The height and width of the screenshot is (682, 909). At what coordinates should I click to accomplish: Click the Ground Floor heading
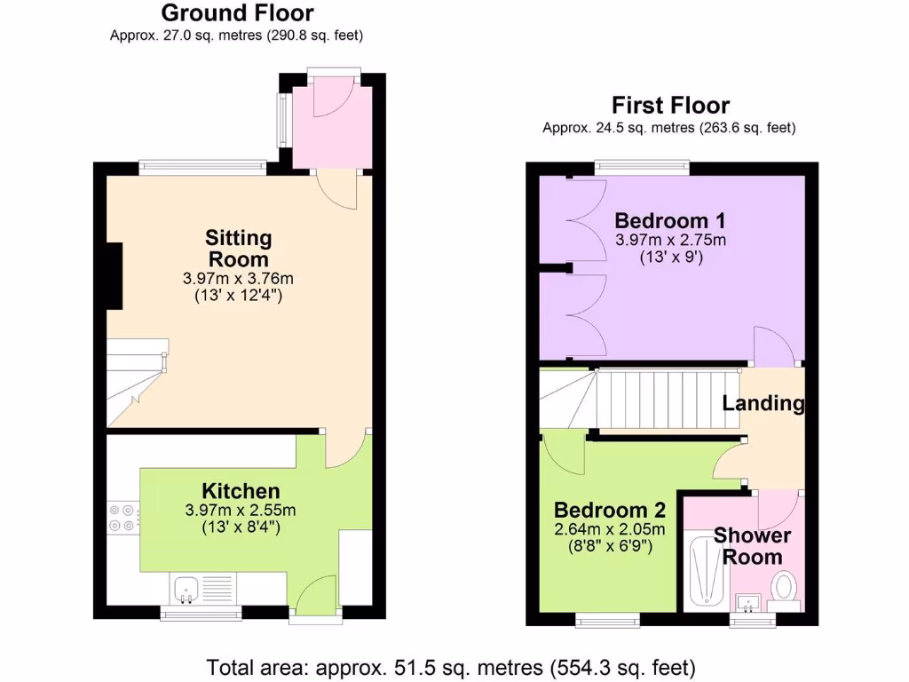coord(237,13)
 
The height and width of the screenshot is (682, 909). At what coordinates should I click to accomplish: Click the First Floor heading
coord(670,106)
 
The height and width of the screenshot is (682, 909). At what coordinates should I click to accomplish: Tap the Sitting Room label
coord(238,249)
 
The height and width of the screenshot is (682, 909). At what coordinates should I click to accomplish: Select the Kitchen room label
coord(241,491)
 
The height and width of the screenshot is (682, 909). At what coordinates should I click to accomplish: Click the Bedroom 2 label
coord(609,511)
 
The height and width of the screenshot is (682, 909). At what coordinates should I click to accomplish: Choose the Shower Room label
coord(752,546)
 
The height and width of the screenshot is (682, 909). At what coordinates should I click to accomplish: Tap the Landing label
coord(763,403)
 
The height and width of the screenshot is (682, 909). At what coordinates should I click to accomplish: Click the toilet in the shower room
coord(782,587)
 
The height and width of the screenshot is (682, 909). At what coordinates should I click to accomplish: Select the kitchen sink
coord(186,587)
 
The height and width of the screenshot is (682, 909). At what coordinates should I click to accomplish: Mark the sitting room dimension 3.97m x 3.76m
coord(238,279)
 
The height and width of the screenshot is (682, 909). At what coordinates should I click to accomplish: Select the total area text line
coord(451,666)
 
